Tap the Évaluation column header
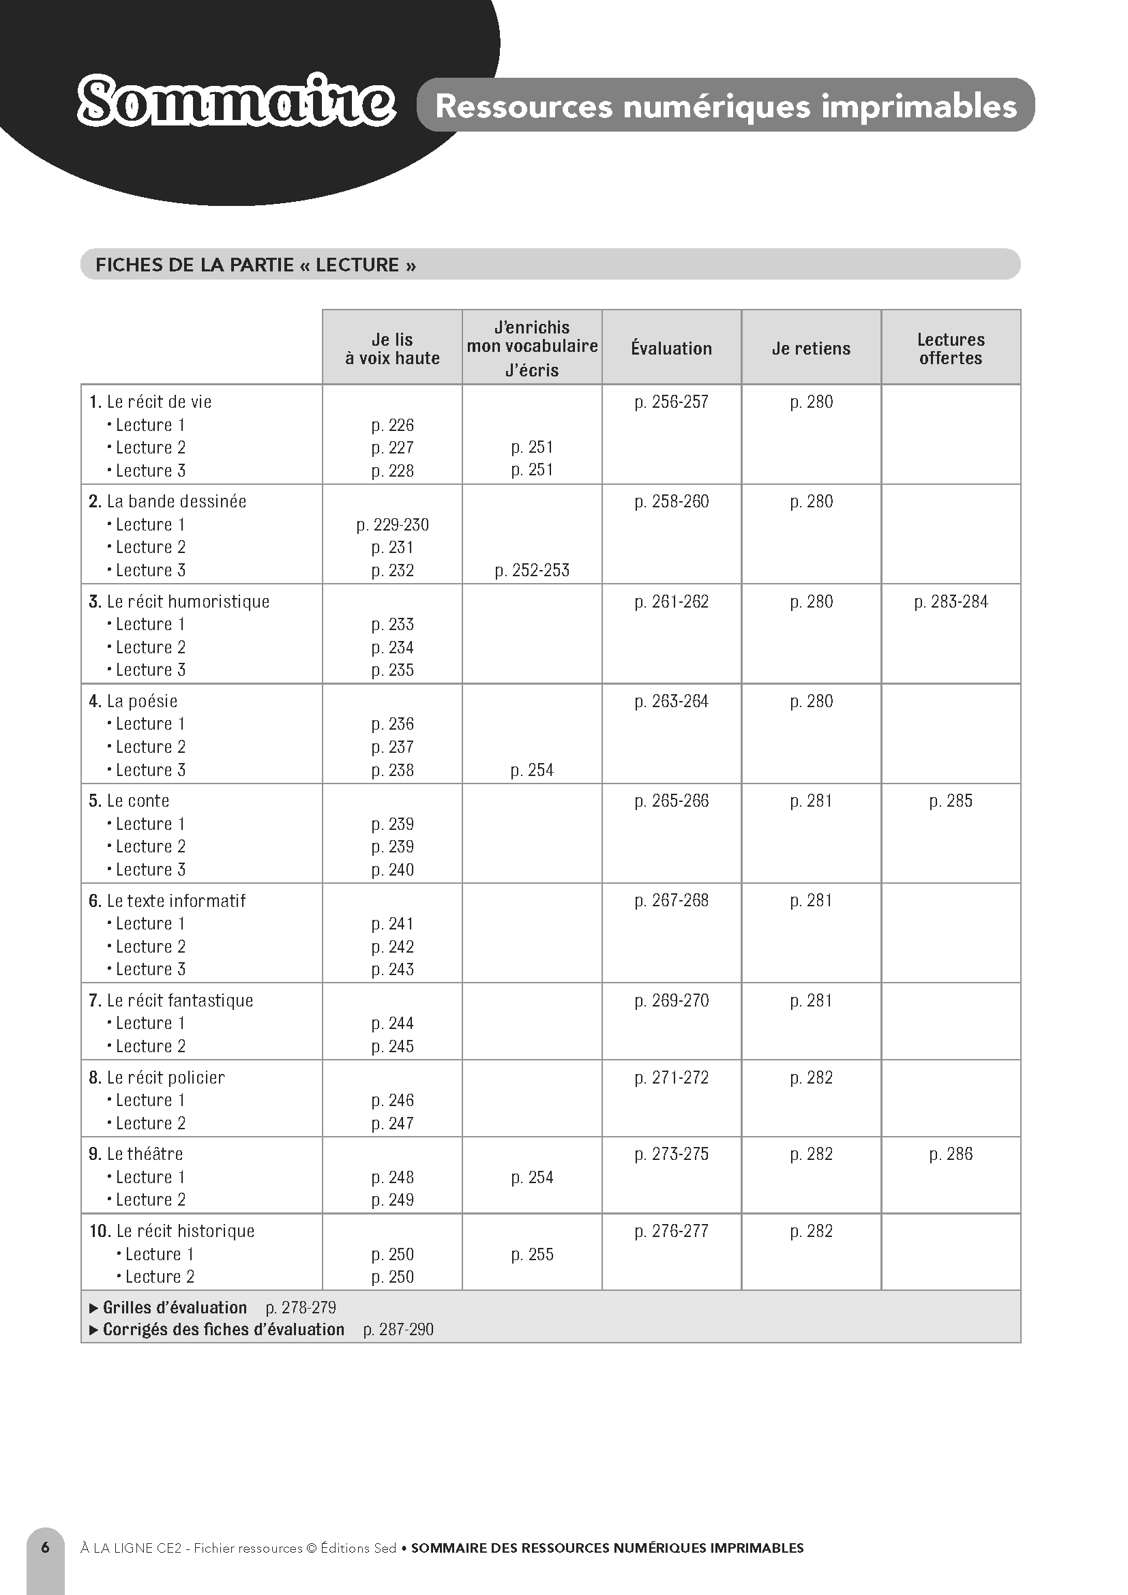[671, 348]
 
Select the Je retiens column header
[811, 348]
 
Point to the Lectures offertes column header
[950, 348]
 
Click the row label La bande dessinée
[177, 501]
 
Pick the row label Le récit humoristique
[188, 601]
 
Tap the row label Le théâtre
[145, 1154]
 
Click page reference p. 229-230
[392, 524]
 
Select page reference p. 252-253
[532, 570]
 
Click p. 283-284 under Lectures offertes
[950, 601]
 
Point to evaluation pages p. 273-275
[671, 1154]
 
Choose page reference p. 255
[532, 1254]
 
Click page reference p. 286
[950, 1154]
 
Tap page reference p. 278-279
[301, 1307]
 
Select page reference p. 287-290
[398, 1329]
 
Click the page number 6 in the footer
[46, 1547]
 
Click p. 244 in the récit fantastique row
[392, 1023]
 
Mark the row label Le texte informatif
[176, 900]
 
